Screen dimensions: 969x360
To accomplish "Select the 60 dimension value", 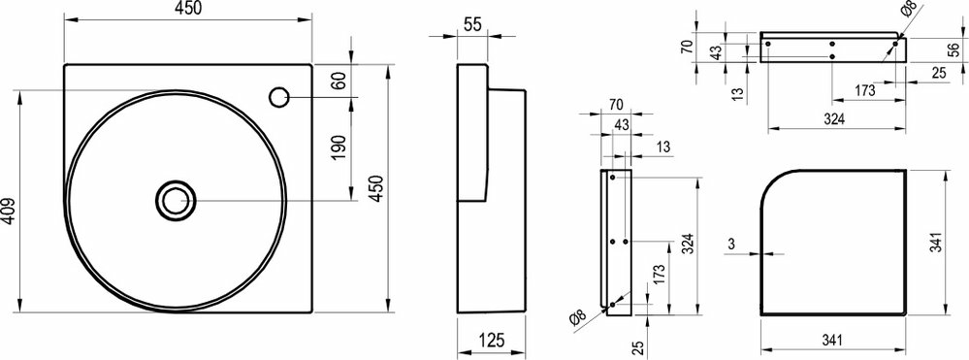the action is pyautogui.click(x=338, y=82).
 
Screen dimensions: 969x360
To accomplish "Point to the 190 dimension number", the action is pyautogui.click(x=338, y=147).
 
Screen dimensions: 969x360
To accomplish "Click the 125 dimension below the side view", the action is pyautogui.click(x=492, y=340).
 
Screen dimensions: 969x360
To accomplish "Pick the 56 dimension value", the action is pyautogui.click(x=954, y=49).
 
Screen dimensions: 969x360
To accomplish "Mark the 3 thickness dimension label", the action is pyautogui.click(x=731, y=244).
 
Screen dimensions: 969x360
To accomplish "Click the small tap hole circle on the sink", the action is pyautogui.click(x=278, y=98).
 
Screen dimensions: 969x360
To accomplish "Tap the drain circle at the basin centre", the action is pyautogui.click(x=176, y=200).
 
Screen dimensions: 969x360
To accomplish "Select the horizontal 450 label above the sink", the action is pyautogui.click(x=188, y=9).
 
